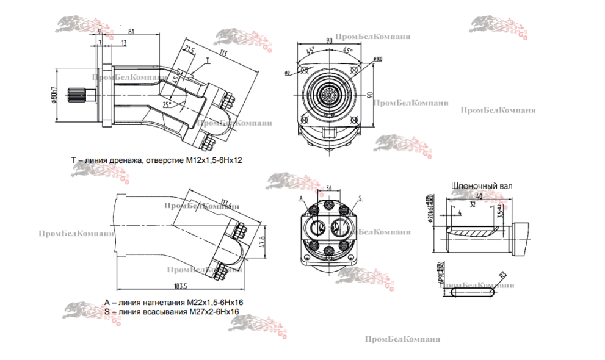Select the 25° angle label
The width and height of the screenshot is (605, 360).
point(166,105)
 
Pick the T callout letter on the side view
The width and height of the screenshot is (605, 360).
point(207,61)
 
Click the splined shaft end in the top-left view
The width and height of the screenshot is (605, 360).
point(77,97)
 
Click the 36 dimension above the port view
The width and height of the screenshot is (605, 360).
point(329,188)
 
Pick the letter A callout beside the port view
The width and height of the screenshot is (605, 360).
point(301,199)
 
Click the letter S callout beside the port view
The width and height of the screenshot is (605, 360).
point(360,198)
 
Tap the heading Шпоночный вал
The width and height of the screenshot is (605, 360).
point(481,185)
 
